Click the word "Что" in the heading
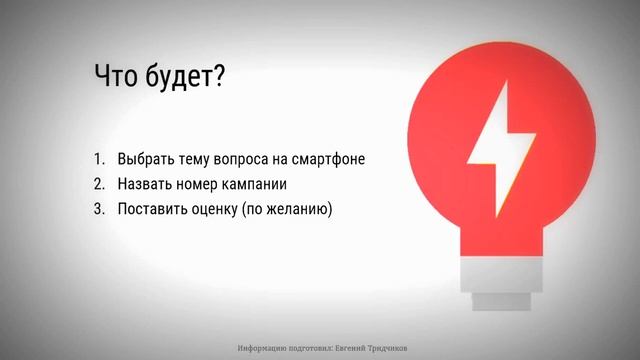point(117,79)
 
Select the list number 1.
point(99,160)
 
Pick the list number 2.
point(99,185)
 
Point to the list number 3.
point(99,210)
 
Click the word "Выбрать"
point(145,160)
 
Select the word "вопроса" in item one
point(239,160)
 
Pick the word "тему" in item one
point(192,160)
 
